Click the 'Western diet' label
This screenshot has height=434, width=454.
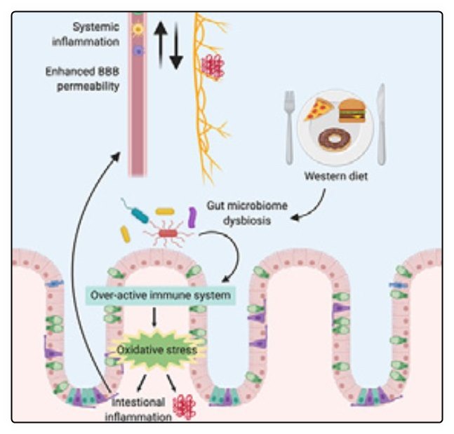(x=336, y=175)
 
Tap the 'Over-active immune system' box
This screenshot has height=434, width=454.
(x=161, y=295)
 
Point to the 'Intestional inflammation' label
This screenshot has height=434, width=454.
(x=138, y=409)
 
